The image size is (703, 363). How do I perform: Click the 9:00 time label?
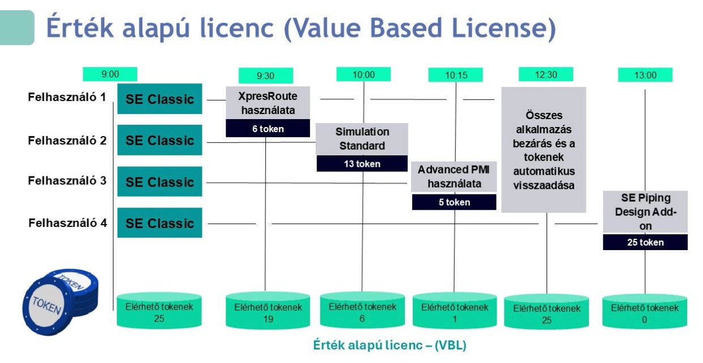pos(110,74)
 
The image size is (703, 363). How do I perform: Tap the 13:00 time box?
pos(645,75)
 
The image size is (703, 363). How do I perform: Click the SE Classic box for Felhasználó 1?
pos(159,99)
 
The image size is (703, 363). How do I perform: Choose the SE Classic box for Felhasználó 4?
pos(159,223)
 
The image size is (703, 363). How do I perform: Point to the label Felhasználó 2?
pos(67,140)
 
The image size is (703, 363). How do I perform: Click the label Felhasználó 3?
pos(67,181)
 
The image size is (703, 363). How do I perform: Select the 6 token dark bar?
pos(268,129)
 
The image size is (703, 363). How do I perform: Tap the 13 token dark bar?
pos(362,164)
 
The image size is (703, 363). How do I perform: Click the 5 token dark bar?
pos(454,202)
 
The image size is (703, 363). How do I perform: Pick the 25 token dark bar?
pos(645,242)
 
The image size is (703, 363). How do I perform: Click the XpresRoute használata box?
pos(268,103)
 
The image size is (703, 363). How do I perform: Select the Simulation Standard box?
pos(362,139)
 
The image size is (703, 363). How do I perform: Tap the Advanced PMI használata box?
pos(454,176)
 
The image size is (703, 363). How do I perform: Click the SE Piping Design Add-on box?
pos(645,212)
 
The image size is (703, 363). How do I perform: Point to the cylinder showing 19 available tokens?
pos(268,311)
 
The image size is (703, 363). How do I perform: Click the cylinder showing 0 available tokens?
pos(645,311)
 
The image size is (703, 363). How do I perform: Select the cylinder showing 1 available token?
pos(454,311)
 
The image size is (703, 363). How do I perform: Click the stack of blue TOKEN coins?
pos(60,298)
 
